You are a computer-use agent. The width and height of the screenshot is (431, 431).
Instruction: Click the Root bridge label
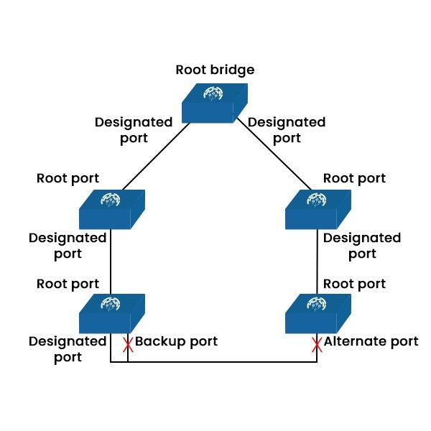[x=215, y=70]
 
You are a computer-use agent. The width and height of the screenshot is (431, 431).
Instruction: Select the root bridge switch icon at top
[x=214, y=102]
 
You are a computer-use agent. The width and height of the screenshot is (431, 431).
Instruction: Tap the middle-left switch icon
[x=111, y=209]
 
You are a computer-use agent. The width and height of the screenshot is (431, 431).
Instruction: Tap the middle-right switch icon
[x=318, y=209]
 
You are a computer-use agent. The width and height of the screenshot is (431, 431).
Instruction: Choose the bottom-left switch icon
[x=111, y=313]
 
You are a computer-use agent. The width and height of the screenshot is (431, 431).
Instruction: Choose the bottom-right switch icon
[x=318, y=313]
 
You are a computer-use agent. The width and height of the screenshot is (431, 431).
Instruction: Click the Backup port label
[x=176, y=341]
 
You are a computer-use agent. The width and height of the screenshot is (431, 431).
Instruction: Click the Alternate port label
[x=371, y=341]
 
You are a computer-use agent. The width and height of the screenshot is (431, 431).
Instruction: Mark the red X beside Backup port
[x=128, y=345]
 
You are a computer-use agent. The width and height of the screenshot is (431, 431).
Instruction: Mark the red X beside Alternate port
[x=317, y=345]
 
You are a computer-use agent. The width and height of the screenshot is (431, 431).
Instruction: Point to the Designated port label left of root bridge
[x=134, y=129]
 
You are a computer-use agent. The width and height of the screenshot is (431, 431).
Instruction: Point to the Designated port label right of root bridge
[x=286, y=129]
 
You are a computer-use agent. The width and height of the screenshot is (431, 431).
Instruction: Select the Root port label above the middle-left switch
[x=68, y=177]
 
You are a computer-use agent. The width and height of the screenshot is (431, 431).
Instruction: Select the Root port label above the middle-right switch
[x=354, y=177]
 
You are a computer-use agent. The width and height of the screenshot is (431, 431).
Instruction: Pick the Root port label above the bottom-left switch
[x=68, y=284]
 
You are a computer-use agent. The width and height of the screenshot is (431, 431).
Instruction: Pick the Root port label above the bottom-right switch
[x=354, y=284]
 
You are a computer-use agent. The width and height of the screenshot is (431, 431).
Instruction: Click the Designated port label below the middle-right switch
[x=362, y=246]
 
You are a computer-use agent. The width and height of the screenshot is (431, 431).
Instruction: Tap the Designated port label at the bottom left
[x=68, y=349]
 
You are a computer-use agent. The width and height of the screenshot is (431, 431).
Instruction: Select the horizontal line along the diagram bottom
[x=215, y=362]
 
